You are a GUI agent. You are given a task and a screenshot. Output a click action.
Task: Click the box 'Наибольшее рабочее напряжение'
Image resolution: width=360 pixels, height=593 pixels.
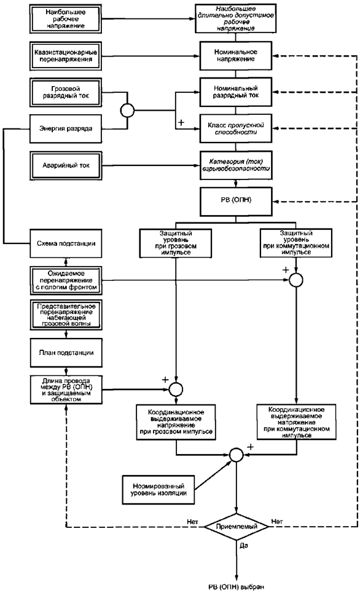click(65, 18)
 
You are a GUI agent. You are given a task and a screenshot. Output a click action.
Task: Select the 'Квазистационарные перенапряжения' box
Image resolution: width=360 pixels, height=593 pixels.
click(65, 56)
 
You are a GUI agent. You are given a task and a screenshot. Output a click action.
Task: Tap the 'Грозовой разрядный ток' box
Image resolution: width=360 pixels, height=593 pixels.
click(65, 93)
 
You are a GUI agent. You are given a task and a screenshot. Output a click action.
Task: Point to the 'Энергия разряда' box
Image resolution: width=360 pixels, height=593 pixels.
click(65, 128)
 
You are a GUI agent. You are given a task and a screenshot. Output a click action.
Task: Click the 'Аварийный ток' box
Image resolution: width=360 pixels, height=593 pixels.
click(65, 165)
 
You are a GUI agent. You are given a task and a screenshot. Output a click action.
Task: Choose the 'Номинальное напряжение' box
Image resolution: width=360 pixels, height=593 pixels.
click(236, 55)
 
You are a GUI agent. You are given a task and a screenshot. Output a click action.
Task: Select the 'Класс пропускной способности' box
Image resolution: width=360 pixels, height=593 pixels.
click(236, 128)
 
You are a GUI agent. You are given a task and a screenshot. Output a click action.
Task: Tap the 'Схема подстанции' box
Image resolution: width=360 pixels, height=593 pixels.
click(65, 243)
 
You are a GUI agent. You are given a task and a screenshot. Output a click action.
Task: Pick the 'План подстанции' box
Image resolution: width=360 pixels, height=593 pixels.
click(65, 353)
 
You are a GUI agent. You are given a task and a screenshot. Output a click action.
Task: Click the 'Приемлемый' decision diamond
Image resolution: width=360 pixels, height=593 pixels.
click(237, 526)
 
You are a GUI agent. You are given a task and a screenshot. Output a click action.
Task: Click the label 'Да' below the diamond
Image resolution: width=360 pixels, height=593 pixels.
click(244, 546)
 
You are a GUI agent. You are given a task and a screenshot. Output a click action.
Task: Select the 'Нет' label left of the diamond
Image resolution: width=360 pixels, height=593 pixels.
click(192, 522)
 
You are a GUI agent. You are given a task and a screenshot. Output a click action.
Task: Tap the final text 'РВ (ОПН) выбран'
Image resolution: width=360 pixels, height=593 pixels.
click(237, 587)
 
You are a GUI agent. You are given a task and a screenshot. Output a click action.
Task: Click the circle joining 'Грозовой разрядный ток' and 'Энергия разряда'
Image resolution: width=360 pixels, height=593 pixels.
click(127, 111)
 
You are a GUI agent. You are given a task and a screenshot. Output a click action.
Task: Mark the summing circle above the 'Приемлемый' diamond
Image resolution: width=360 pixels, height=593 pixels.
click(237, 454)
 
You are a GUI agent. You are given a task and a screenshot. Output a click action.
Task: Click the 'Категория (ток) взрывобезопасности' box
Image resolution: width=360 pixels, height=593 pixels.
click(236, 165)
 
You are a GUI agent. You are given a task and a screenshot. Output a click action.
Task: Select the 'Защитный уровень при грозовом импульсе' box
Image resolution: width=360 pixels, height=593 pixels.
click(176, 243)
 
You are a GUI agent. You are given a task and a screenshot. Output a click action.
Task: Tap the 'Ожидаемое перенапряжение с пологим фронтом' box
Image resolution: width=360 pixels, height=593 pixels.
click(65, 280)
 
